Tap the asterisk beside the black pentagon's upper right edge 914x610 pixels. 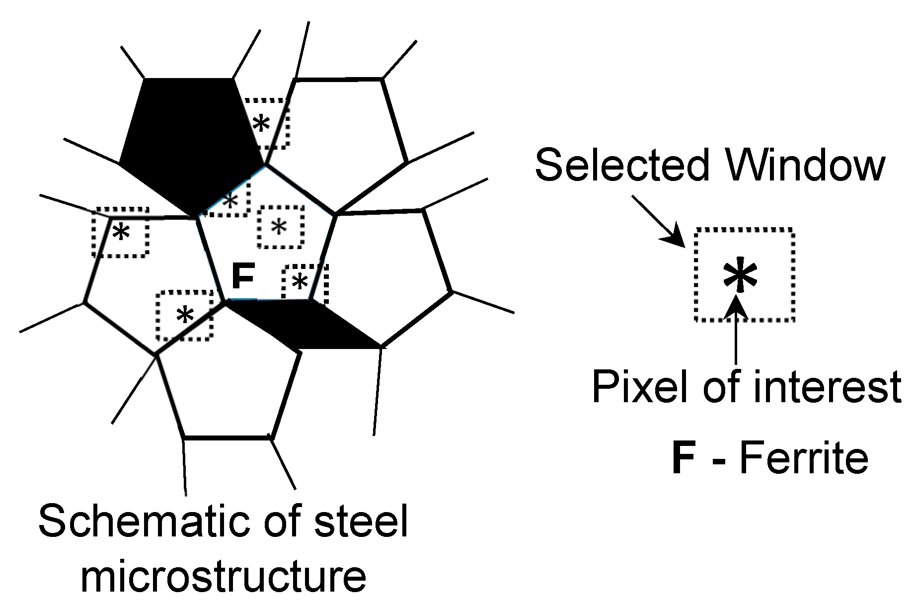(x=261, y=124)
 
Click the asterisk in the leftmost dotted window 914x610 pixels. (x=121, y=232)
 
